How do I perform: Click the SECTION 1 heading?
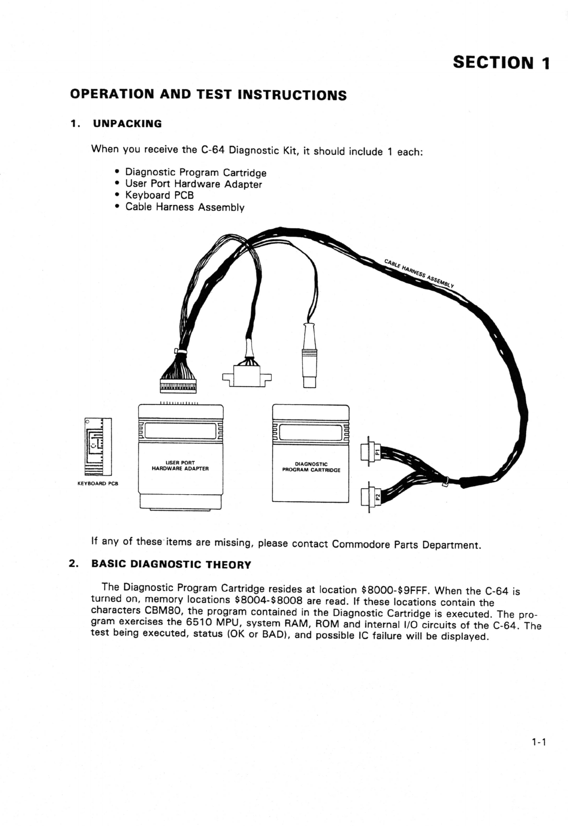click(501, 63)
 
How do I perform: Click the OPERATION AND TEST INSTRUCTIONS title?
click(208, 95)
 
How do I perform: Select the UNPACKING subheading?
click(127, 124)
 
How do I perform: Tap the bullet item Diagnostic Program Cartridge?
click(195, 172)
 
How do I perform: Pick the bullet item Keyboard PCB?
click(159, 195)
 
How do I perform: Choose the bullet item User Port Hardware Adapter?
click(193, 184)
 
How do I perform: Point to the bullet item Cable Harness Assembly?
click(185, 207)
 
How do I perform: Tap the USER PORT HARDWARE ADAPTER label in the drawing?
click(180, 466)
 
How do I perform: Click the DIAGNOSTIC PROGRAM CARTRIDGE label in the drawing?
click(311, 467)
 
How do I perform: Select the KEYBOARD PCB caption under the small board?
click(98, 484)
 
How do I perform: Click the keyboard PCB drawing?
click(97, 446)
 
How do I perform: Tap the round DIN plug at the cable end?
click(310, 356)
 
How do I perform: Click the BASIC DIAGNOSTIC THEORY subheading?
click(171, 564)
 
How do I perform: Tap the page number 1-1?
click(539, 742)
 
